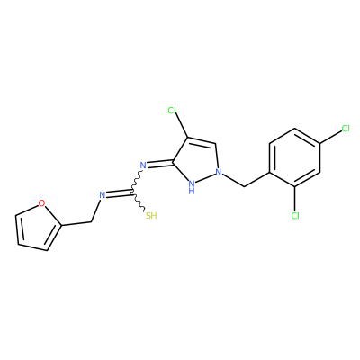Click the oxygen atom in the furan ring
42,203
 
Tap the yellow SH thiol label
151,215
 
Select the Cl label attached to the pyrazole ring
172,111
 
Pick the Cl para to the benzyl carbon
346,129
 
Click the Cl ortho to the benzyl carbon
295,215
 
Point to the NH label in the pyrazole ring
192,187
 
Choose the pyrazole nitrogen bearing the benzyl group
219,173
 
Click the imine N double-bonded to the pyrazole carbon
143,166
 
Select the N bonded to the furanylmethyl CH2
103,195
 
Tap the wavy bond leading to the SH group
139,201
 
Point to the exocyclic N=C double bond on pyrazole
160,164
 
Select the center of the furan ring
37,227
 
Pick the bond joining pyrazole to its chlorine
182,126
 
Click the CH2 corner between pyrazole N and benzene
244,187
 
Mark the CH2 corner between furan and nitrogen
91,222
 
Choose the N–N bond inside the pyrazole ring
206,177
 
